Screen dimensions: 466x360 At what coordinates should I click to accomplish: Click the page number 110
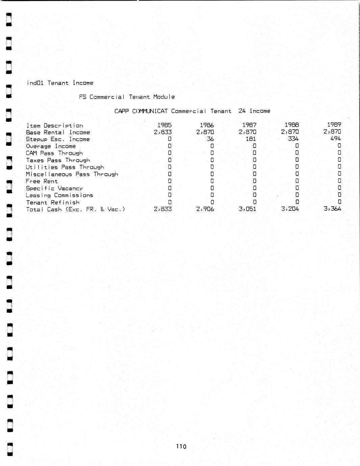[x=181, y=446]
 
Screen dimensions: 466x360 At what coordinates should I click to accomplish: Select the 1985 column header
[x=164, y=125]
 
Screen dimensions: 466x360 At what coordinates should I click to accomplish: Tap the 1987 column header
[x=249, y=125]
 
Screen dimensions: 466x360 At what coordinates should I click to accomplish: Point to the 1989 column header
[x=334, y=125]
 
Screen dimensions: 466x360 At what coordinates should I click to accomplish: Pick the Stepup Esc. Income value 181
[x=251, y=139]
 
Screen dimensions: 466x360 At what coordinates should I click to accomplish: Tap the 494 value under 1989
[x=335, y=138]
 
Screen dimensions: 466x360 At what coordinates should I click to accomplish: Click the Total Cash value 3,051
[x=247, y=209]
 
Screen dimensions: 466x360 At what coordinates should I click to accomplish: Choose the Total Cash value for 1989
[x=332, y=209]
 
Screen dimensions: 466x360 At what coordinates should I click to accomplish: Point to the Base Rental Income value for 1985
[x=162, y=132]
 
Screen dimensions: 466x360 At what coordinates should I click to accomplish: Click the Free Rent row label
[x=42, y=181]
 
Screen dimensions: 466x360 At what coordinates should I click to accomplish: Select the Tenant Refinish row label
[x=53, y=203]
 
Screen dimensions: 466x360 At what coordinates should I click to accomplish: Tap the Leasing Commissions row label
[x=59, y=196]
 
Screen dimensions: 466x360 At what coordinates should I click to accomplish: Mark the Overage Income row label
[x=51, y=146]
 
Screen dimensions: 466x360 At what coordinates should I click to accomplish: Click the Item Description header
[x=55, y=126]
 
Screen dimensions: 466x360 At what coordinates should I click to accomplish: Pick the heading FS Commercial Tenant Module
[x=127, y=97]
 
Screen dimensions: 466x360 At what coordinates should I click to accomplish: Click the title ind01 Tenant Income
[x=60, y=83]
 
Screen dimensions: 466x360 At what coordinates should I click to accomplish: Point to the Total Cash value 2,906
[x=205, y=209]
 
